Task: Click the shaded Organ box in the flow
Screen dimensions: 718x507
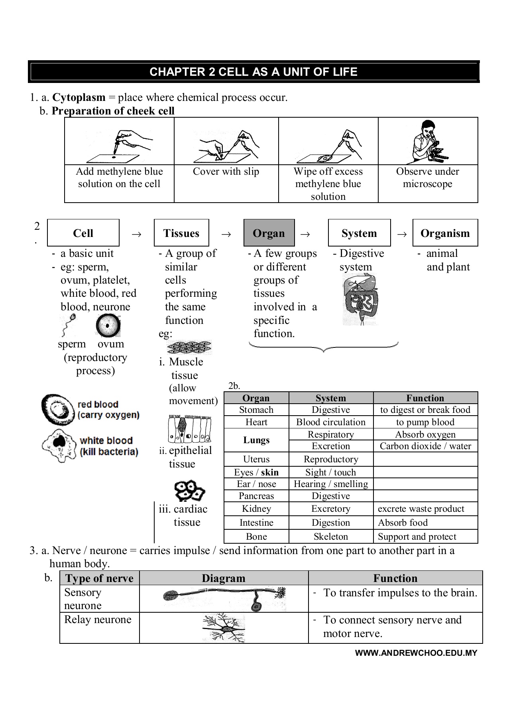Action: [269, 233]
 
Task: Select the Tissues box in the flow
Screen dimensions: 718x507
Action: [181, 233]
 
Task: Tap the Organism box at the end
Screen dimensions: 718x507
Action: [445, 233]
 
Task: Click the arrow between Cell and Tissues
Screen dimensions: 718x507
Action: [136, 235]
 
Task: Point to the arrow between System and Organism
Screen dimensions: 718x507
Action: [402, 235]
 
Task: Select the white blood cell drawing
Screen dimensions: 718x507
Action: [59, 445]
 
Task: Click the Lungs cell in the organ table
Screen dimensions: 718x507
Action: [256, 440]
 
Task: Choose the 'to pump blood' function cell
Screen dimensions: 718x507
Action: [425, 422]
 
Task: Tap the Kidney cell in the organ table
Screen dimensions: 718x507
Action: [256, 509]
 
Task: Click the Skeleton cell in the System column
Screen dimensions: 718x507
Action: [330, 537]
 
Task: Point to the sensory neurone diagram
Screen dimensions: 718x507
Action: [224, 598]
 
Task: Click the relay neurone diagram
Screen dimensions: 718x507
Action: [224, 628]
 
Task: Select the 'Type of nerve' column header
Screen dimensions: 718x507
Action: [99, 578]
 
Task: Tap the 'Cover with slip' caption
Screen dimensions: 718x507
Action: [226, 172]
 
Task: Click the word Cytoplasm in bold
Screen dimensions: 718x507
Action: [79, 97]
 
